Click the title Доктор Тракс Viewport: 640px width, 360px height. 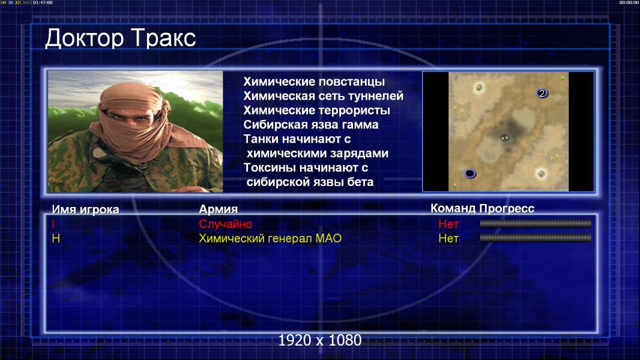click(121, 38)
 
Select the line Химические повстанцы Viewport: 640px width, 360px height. click(314, 82)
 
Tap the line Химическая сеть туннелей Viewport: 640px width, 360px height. click(323, 96)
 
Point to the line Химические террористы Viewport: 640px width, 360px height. click(317, 110)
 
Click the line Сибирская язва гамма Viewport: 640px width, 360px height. click(310, 125)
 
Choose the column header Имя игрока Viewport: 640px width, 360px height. click(85, 209)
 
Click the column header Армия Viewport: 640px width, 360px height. click(218, 209)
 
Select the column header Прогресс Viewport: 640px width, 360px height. click(507, 208)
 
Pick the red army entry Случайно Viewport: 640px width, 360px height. click(225, 224)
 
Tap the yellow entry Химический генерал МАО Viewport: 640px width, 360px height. click(270, 238)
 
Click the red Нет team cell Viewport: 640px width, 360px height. click(448, 224)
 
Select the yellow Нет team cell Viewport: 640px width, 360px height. click(448, 239)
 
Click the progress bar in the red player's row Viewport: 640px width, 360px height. click(536, 223)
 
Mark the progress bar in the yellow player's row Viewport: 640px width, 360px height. click(536, 238)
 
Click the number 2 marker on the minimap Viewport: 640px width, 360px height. click(542, 94)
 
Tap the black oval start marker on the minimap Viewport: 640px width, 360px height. click(470, 173)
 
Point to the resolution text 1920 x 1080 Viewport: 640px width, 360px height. click(320, 340)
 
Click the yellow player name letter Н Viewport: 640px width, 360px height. click(56, 239)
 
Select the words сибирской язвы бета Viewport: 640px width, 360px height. click(310, 182)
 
